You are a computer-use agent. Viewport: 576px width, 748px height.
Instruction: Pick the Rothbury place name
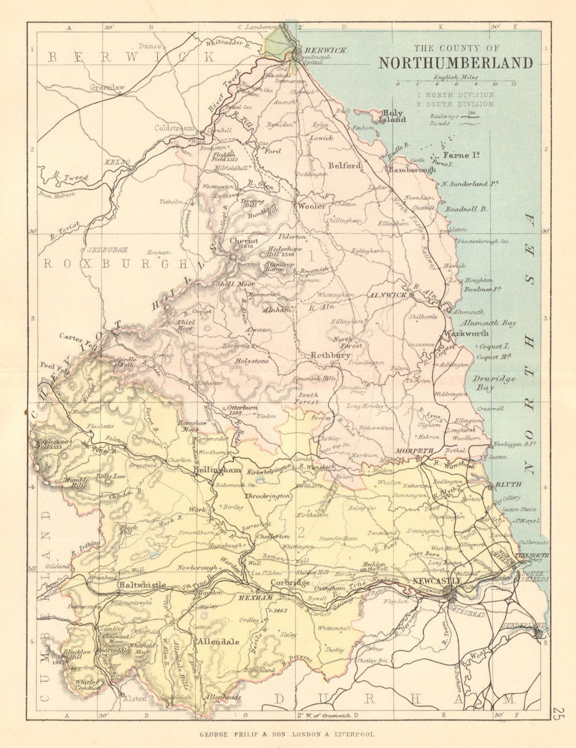[x=331, y=356]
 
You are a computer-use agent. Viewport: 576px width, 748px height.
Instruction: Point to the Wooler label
[x=311, y=206]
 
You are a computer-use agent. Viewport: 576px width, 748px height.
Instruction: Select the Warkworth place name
[x=465, y=333]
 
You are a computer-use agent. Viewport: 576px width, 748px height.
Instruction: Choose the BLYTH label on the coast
[x=507, y=485]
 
